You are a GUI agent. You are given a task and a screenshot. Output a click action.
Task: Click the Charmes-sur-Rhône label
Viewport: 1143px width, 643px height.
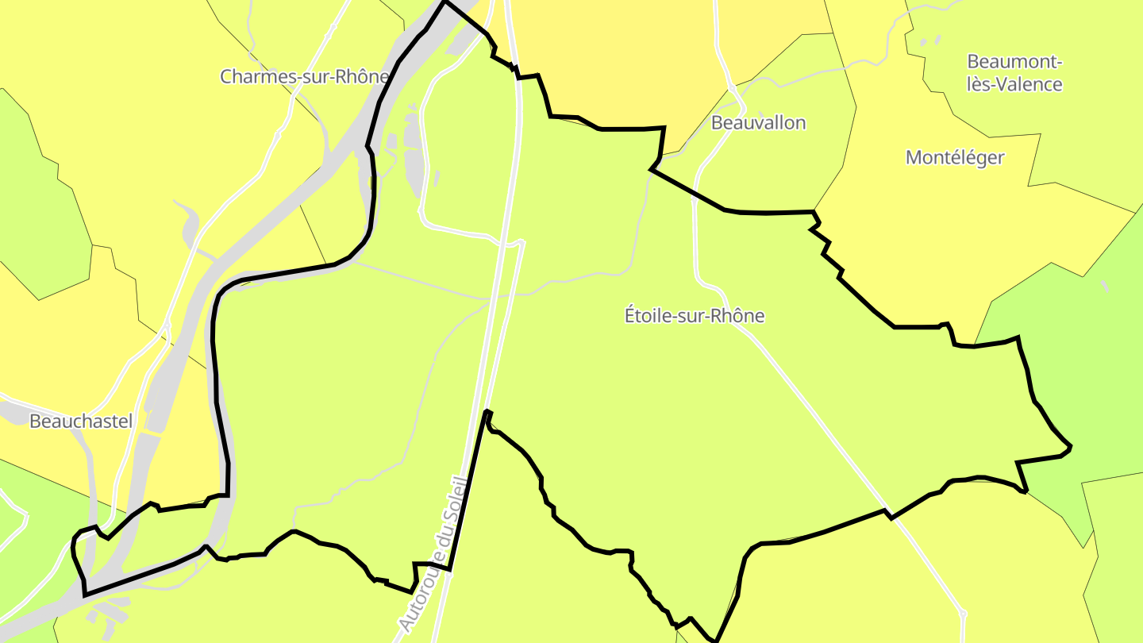(x=305, y=77)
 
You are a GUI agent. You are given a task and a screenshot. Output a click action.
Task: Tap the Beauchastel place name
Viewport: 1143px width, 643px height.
(x=81, y=422)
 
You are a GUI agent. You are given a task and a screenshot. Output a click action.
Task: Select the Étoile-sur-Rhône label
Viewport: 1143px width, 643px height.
(x=695, y=316)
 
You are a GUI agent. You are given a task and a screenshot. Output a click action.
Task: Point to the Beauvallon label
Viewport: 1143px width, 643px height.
(x=758, y=123)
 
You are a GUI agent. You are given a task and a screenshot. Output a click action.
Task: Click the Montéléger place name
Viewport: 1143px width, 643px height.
(x=955, y=158)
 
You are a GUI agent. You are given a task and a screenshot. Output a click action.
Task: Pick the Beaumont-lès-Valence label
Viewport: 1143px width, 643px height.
(x=1014, y=73)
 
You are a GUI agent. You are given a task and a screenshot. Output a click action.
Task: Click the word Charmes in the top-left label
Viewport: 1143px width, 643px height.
(x=251, y=77)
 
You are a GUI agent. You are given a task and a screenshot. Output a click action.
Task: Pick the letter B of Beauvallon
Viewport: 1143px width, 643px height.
(x=717, y=123)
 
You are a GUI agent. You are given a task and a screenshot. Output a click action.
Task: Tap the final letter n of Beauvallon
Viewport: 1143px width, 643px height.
(x=801, y=123)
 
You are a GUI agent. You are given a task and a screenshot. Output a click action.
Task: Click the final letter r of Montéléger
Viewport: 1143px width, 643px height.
(x=1001, y=158)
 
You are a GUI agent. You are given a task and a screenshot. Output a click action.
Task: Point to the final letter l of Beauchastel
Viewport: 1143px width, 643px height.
(x=130, y=422)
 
